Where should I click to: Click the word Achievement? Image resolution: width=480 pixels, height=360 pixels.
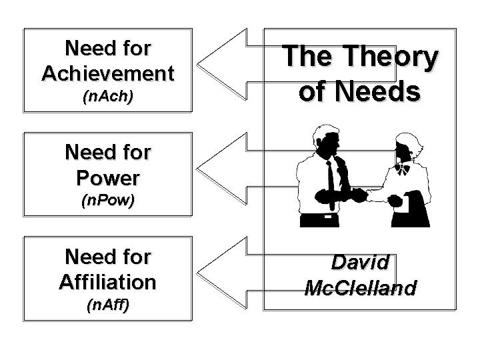[x=107, y=72]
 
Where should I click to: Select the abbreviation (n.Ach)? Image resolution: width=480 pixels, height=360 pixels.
[x=107, y=97]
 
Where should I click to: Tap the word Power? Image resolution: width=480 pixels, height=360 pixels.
[x=107, y=178]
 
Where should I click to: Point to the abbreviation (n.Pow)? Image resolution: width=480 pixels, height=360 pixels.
[x=107, y=201]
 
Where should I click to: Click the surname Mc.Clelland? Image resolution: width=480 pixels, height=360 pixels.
[x=360, y=287]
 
